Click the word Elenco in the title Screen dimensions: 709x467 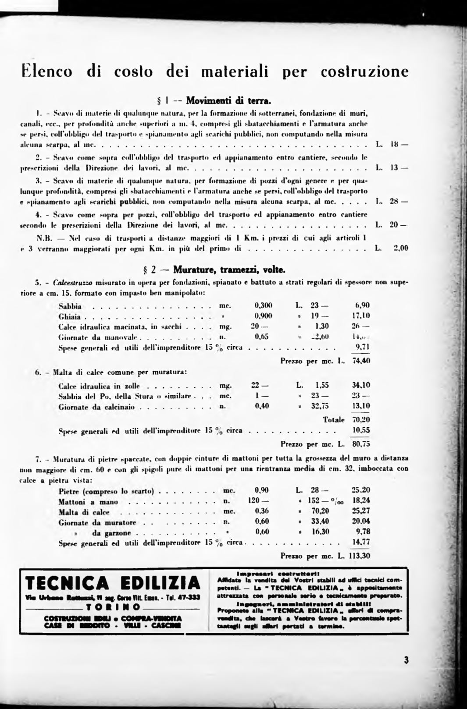pos(47,71)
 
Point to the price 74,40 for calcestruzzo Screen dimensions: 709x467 pos(361,361)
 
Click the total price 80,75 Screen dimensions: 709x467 pos(361,443)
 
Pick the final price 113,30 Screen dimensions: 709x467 pos(360,556)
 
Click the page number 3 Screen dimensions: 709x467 pos(406,660)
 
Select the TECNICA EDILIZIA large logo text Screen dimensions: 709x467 pos(113,583)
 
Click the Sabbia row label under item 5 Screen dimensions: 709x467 pos(70,306)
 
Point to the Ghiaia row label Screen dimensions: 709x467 pos(70,316)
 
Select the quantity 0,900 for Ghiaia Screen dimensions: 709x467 pos(263,316)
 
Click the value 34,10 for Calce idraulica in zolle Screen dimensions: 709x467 pos(361,385)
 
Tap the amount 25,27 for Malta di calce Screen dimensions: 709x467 pos(361,510)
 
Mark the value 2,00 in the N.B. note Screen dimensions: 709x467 pos(401,248)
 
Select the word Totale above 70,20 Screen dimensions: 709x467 pos(334,420)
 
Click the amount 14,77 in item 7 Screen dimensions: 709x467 pos(361,542)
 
